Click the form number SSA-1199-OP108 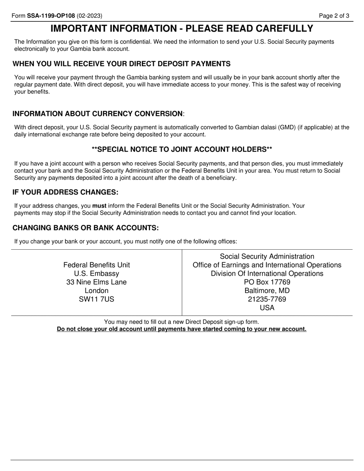point(51,16)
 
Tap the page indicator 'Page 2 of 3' point(334,16)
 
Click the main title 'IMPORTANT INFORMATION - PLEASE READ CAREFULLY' point(182,29)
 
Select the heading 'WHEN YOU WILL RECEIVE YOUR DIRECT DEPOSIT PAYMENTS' point(121,64)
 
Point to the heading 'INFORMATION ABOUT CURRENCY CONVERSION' point(98,114)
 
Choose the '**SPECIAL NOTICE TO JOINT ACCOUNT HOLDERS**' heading point(182,149)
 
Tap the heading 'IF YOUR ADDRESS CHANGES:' point(66,192)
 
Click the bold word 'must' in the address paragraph point(99,206)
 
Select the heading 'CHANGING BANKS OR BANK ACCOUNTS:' point(85,228)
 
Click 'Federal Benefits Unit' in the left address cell point(97,265)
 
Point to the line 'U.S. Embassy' point(97,273)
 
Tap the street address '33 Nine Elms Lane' point(97,282)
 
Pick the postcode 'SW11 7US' point(97,299)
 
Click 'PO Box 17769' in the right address point(267,282)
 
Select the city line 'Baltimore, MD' point(267,291)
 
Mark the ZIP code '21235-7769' point(267,299)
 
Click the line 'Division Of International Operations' point(267,273)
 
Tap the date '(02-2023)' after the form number point(89,16)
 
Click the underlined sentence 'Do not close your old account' point(182,329)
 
